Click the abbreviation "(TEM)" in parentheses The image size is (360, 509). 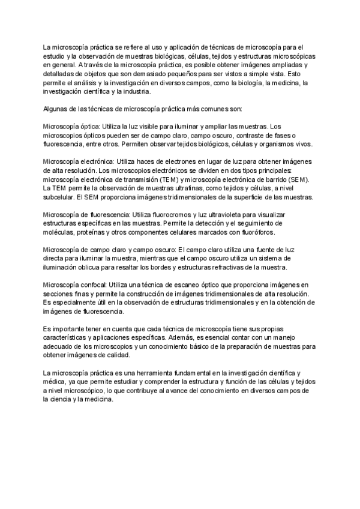click(x=170, y=179)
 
